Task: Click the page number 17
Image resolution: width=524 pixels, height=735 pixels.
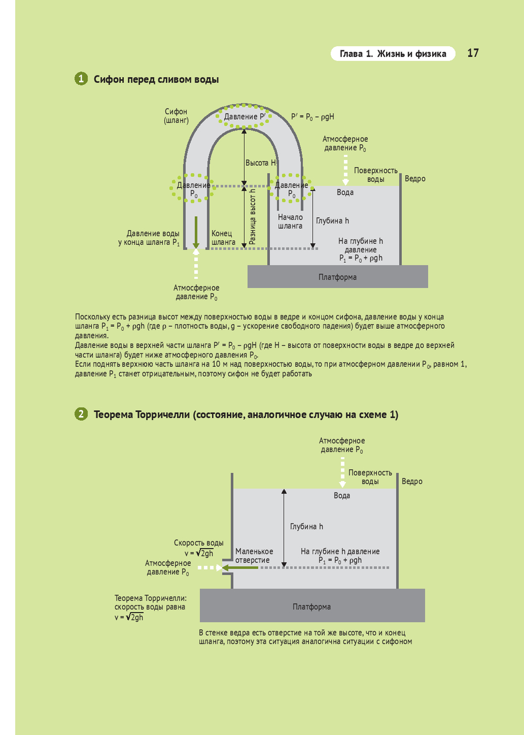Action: coord(473,53)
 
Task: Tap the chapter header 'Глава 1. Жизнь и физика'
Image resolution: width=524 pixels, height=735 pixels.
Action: coord(393,54)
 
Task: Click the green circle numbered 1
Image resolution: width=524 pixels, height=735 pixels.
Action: coord(81,79)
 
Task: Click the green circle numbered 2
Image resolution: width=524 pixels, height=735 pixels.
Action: coord(81,414)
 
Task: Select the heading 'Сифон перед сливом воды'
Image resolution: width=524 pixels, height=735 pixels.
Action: coord(156,79)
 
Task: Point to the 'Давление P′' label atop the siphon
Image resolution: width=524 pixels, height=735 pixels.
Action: coord(244,116)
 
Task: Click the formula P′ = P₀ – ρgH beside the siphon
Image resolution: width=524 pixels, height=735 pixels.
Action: coord(312,116)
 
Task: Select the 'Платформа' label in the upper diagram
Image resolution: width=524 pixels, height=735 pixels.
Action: coord(337,277)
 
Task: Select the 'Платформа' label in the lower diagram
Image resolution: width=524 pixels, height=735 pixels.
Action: coord(311,606)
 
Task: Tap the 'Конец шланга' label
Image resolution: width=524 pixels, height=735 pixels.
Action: coord(223,238)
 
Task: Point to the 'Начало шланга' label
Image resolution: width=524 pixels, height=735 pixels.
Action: coord(290,221)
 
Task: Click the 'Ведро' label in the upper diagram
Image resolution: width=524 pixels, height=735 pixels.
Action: coord(415,178)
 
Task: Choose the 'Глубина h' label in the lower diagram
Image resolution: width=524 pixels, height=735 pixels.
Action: coord(307,526)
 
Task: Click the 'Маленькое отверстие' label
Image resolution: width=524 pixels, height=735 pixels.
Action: coord(254,556)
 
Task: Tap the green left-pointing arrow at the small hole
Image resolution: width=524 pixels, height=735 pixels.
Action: coord(240,567)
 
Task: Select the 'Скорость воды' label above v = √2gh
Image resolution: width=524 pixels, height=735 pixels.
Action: coord(199,543)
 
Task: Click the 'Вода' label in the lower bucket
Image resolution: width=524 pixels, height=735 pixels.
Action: coord(342,495)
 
